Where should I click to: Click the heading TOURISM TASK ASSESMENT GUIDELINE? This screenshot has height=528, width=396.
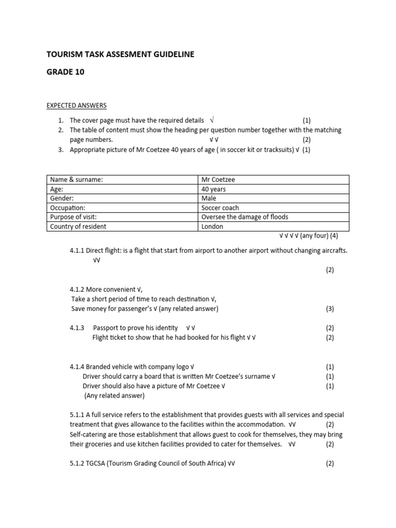tap(121, 54)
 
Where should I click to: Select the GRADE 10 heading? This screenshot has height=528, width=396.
tap(65, 72)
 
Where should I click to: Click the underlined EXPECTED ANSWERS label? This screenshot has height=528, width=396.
tap(77, 106)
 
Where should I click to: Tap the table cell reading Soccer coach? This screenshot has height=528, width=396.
tap(220, 208)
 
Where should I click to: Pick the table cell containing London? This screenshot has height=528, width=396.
tap(212, 226)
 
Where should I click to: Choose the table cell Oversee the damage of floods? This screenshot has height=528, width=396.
tap(245, 217)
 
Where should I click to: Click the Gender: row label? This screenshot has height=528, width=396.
tap(62, 199)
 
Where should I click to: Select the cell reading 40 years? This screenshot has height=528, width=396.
tap(213, 189)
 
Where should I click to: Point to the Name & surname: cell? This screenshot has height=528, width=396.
tap(76, 180)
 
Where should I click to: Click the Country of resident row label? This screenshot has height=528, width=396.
tap(78, 226)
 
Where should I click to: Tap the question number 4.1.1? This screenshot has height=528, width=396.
tap(77, 251)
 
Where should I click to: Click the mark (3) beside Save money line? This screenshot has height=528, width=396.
tap(329, 309)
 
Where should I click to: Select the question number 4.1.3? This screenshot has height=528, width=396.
tap(77, 328)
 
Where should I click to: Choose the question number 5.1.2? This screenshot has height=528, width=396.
tap(77, 464)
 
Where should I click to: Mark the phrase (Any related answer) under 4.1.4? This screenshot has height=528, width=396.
tap(114, 396)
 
